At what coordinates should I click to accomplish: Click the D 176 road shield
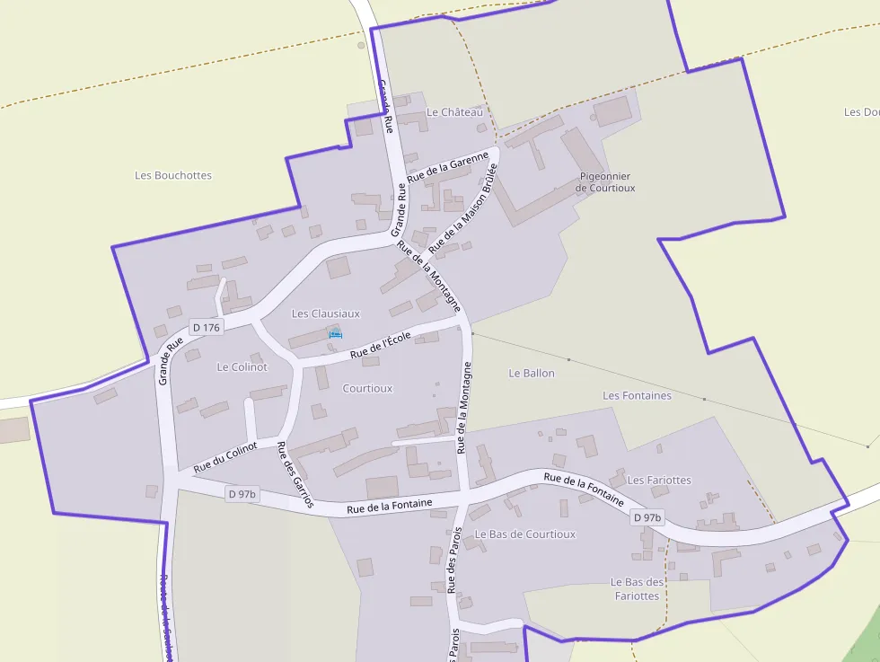[x=205, y=328]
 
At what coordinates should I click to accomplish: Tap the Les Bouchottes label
[x=173, y=175]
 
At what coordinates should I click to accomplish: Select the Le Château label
[x=454, y=112]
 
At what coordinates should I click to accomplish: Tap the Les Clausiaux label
[x=326, y=313]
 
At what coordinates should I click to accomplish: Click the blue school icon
[x=335, y=334]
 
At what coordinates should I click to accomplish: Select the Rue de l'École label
[x=380, y=345]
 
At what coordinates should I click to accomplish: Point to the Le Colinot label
[x=242, y=367]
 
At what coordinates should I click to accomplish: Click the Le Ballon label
[x=532, y=373]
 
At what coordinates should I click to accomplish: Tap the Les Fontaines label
[x=637, y=395]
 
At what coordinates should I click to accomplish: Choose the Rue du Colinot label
[x=225, y=455]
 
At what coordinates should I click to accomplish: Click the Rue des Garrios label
[x=295, y=475]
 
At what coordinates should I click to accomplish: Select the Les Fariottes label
[x=659, y=480]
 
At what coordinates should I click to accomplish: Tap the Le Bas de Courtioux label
[x=525, y=534]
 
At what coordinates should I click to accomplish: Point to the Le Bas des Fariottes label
[x=637, y=588]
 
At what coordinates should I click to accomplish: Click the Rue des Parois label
[x=453, y=562]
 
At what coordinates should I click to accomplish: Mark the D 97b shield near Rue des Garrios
[x=242, y=494]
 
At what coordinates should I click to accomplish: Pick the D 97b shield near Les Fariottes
[x=647, y=517]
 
